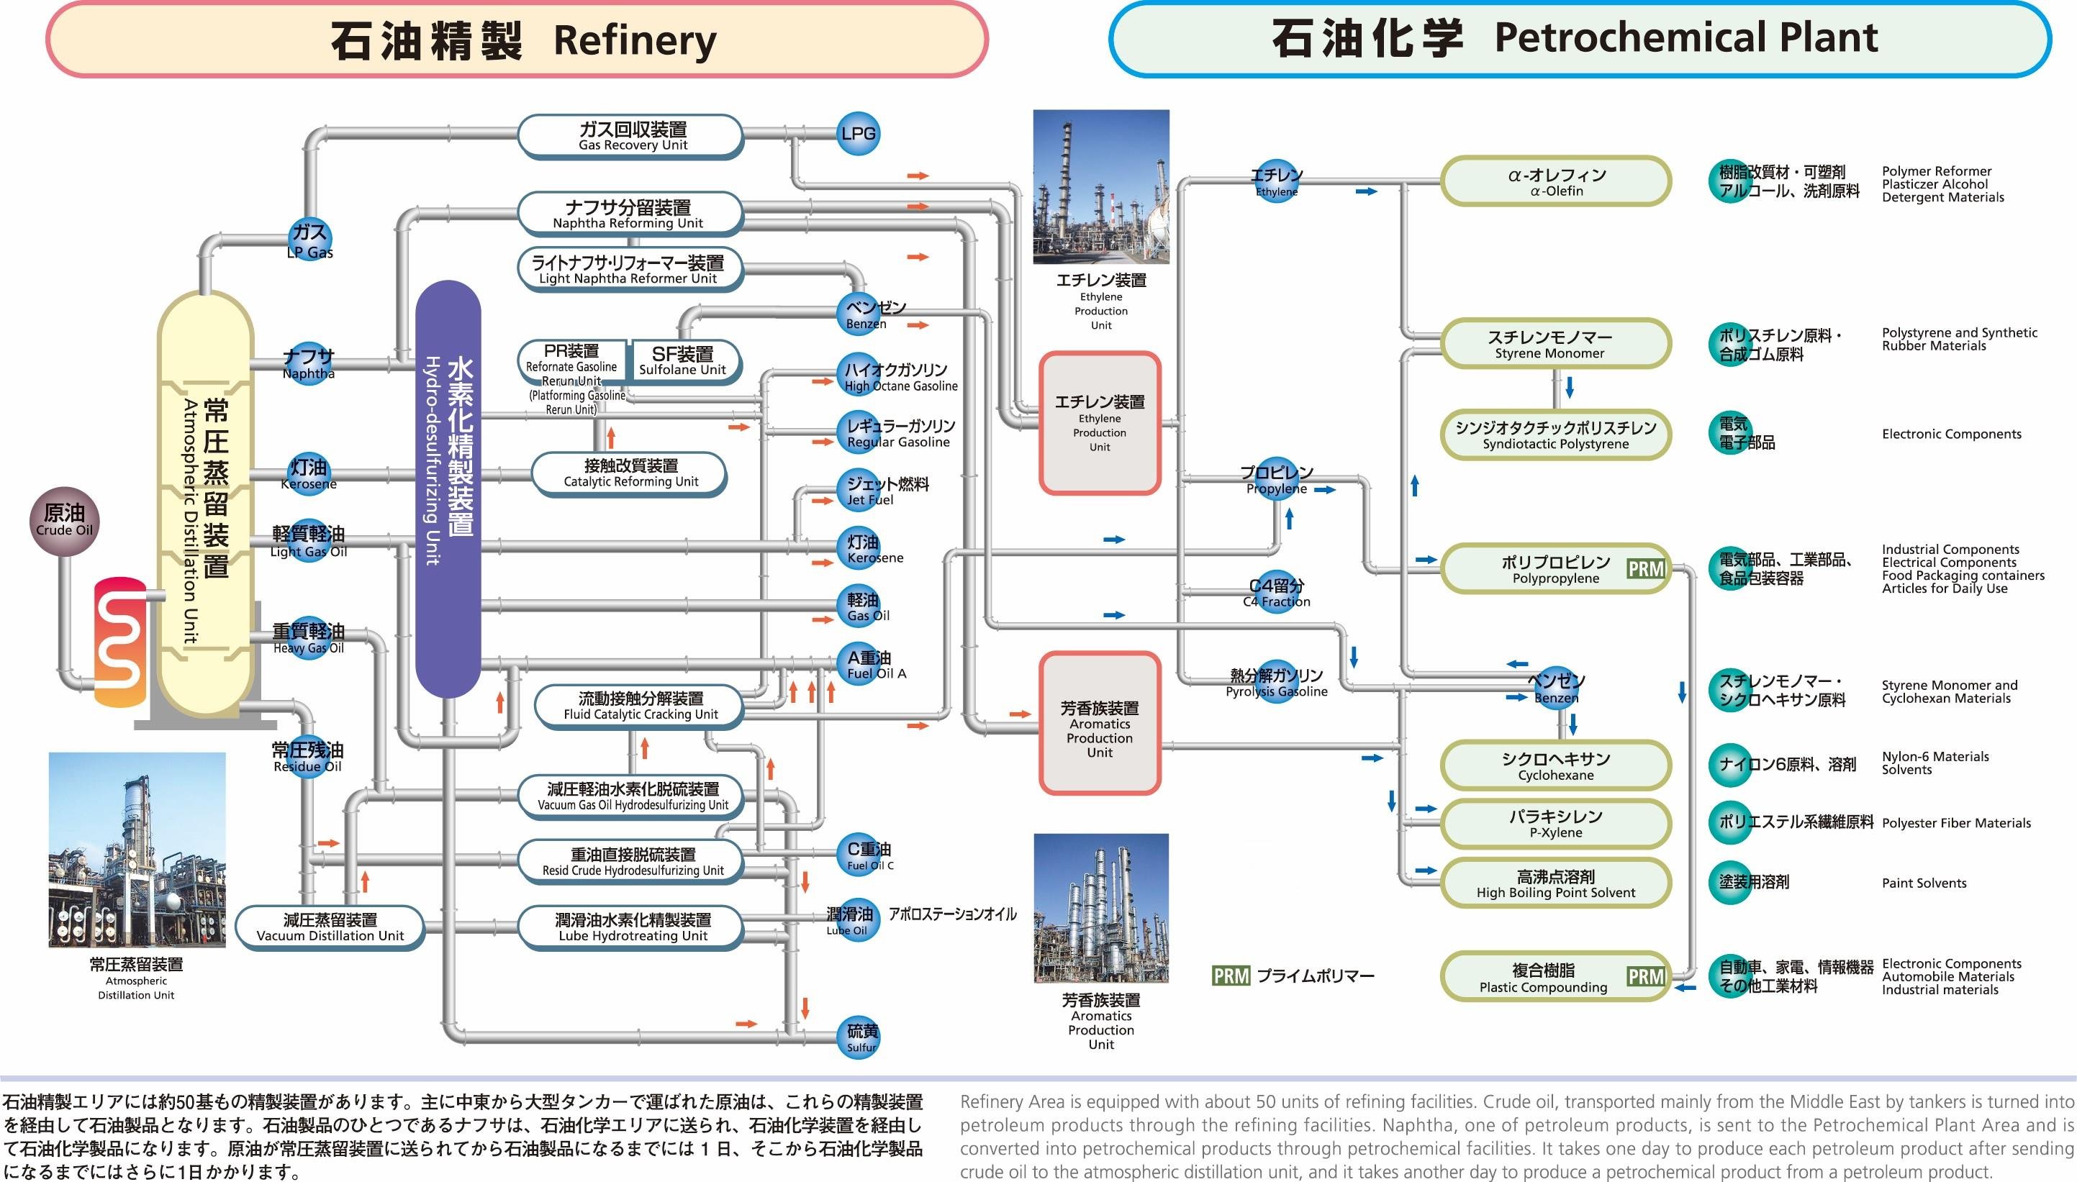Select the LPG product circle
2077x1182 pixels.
click(859, 134)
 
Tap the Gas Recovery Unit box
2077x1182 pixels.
click(631, 137)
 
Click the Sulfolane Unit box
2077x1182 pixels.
click(684, 361)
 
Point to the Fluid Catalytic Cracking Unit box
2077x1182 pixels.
click(639, 706)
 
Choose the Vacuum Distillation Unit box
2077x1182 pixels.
click(330, 927)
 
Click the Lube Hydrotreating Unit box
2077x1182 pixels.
click(632, 927)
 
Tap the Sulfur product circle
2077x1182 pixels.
click(860, 1037)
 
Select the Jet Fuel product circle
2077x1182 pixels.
click(859, 491)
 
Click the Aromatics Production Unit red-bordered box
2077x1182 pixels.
click(1100, 723)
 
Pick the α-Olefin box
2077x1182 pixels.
click(1556, 182)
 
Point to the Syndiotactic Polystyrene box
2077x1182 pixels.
click(1556, 435)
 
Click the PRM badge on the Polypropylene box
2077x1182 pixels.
click(1646, 569)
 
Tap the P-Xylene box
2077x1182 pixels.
click(1556, 823)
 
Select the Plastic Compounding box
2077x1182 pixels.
click(1543, 978)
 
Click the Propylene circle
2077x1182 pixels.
click(1277, 479)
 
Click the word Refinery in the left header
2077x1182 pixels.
click(635, 40)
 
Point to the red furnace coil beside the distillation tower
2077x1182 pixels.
click(120, 641)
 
